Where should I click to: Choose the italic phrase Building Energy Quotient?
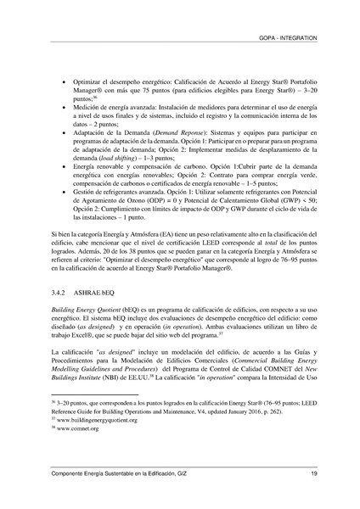pyautogui.click(x=88, y=310)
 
